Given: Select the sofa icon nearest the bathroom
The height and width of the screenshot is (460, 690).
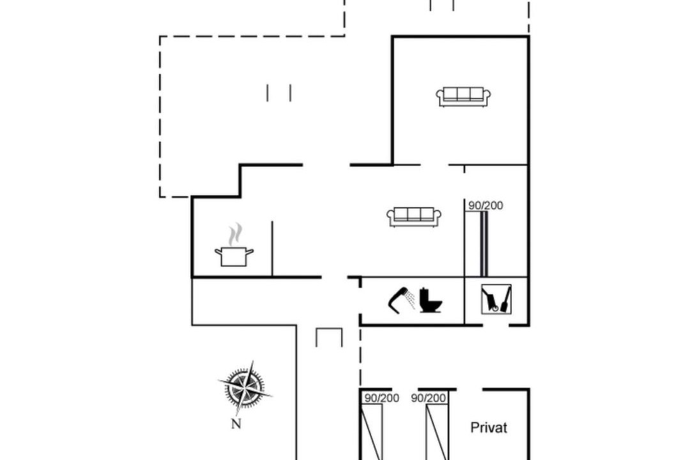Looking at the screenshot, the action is coord(414,217).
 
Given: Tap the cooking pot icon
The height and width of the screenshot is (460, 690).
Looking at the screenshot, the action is coord(234,256).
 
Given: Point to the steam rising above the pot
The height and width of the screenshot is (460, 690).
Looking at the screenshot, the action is coord(236,234).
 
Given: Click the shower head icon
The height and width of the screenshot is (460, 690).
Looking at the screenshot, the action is coord(401,300).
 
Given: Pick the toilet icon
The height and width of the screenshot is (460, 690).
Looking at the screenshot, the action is coord(430,300).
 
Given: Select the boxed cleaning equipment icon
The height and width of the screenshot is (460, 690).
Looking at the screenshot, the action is coord(496,300).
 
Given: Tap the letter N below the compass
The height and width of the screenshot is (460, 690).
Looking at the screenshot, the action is coord(236,424).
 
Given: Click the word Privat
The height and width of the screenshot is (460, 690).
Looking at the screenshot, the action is coord(489,427).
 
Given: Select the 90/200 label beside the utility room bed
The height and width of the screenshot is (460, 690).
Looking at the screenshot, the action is coord(486,206).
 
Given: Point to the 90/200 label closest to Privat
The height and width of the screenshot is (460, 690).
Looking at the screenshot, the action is coord(428,398).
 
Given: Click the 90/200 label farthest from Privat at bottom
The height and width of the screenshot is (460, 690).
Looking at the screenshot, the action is coord(381,398).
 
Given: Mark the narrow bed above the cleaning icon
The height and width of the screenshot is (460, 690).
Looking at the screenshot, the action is coord(484,244).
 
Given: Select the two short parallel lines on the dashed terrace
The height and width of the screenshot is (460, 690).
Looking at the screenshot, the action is coord(279,93).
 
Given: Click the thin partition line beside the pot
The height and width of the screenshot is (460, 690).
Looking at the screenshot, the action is coord(272,249).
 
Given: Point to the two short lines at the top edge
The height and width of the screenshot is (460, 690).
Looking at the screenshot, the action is coord(442,5).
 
